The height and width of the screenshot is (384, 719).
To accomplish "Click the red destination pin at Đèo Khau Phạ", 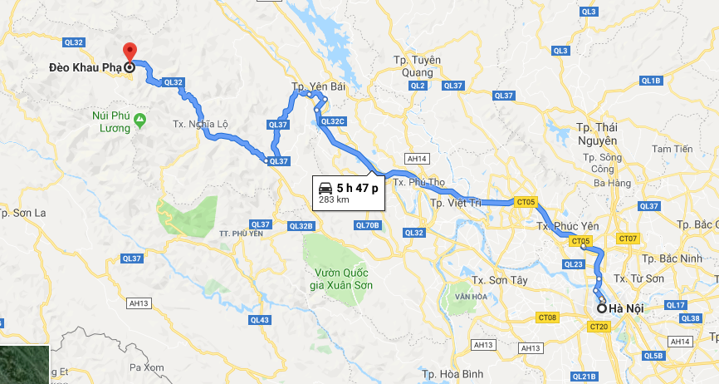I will pos(130,52).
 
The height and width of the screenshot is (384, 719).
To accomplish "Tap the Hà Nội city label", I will pos(627,309).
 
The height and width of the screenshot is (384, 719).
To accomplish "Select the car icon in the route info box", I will pos(325,187).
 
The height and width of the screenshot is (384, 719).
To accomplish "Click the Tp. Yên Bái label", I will pos(311,86).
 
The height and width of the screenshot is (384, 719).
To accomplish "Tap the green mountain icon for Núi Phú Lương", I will pos(139,121).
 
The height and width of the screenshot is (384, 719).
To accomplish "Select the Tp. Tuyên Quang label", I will pos(418,65).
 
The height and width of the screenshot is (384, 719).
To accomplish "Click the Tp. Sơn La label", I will pos(22,214).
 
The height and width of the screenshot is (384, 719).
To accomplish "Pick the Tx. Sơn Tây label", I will pos(499,280).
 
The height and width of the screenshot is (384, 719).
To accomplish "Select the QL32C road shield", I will pos(331,122).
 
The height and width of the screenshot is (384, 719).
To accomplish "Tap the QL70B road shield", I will pos(366,225).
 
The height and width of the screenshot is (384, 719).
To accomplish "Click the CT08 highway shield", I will pos(547,317).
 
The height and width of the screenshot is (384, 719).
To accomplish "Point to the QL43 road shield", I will pos(260,320).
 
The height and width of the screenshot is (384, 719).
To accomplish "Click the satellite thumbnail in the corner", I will pos(24,364).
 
